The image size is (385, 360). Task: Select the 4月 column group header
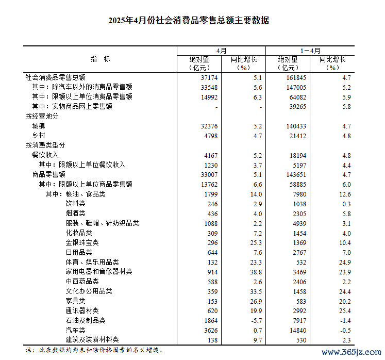click(221, 51)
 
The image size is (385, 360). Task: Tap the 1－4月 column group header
click(310, 51)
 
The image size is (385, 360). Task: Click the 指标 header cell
click(100, 59)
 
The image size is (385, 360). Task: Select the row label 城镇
click(39, 126)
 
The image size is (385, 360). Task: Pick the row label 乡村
click(39, 136)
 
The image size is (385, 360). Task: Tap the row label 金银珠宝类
click(82, 242)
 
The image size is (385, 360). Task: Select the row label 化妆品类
click(79, 233)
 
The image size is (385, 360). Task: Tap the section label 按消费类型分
click(45, 145)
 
